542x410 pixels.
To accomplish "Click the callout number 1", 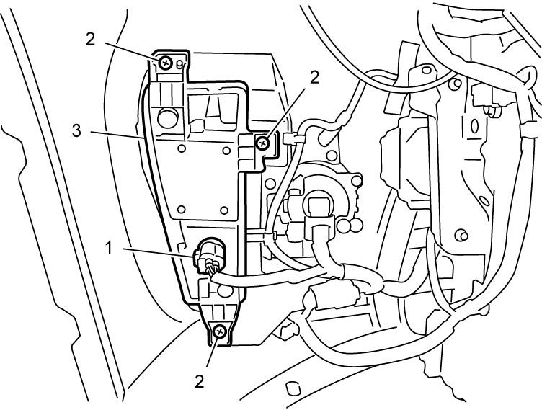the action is click(x=109, y=248).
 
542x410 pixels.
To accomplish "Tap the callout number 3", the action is click(x=76, y=131).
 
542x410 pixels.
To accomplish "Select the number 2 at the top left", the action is click(x=90, y=40).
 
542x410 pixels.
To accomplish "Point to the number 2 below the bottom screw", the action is click(x=200, y=382).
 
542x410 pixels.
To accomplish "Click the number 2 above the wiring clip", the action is click(x=314, y=78).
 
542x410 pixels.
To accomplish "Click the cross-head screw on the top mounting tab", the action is click(x=166, y=63).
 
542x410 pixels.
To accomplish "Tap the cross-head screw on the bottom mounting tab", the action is click(x=220, y=332).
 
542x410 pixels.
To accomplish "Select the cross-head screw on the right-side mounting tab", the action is click(x=263, y=143).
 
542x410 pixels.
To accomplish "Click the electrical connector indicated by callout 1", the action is click(x=208, y=257).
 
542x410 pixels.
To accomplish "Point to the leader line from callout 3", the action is click(x=117, y=135).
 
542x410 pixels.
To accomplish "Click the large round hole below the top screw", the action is click(x=168, y=118).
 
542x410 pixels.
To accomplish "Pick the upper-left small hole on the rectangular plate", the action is click(x=181, y=148).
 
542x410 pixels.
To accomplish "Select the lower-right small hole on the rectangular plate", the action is click(x=224, y=210).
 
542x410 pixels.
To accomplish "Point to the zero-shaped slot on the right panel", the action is click(x=474, y=126).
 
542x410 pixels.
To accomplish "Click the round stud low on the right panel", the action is click(x=461, y=235).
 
